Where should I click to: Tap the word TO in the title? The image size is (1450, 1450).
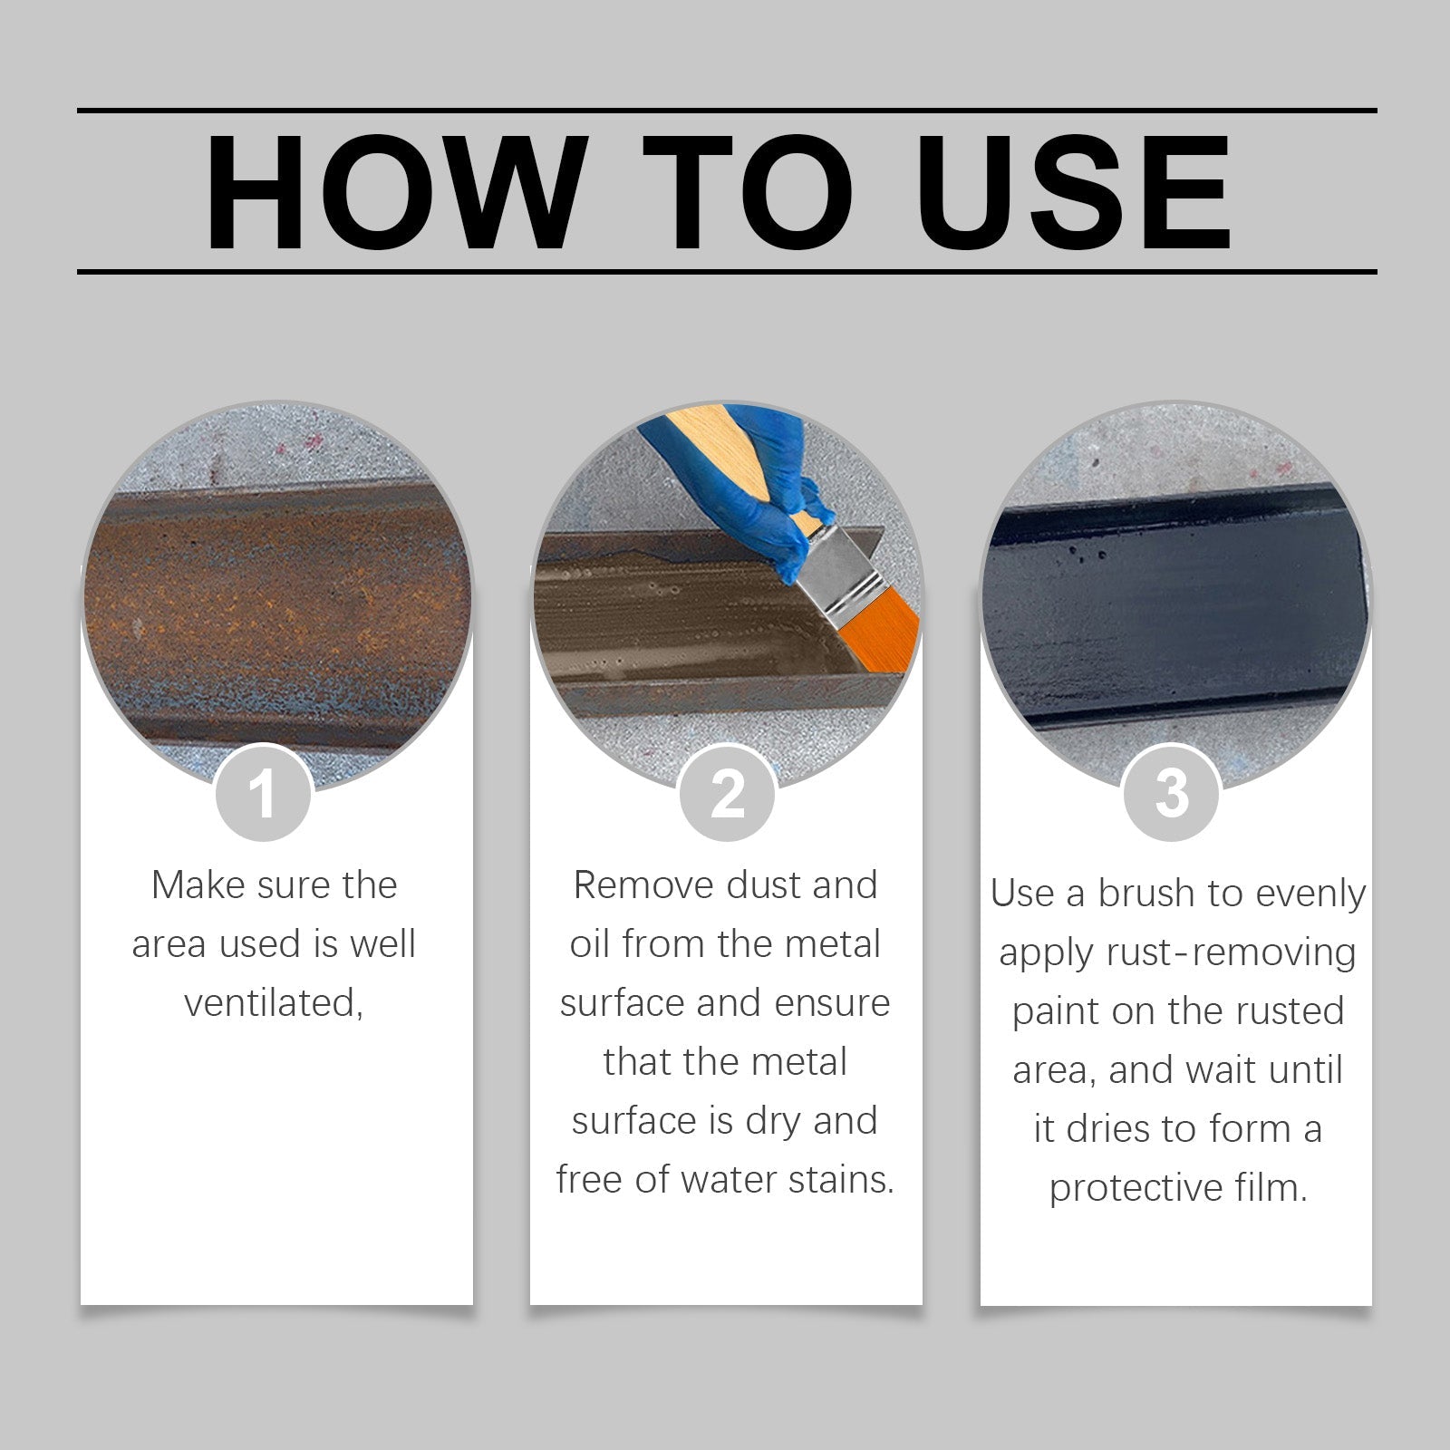click(x=747, y=192)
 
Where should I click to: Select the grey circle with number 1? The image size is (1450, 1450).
click(x=263, y=794)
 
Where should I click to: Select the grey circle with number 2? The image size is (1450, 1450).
click(x=727, y=794)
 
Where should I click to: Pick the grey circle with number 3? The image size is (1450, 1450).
click(x=1172, y=794)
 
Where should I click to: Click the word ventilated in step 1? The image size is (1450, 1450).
click(x=273, y=1003)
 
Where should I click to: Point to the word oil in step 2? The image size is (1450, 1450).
click(x=590, y=944)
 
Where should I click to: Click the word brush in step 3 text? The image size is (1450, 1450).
click(x=1145, y=894)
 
